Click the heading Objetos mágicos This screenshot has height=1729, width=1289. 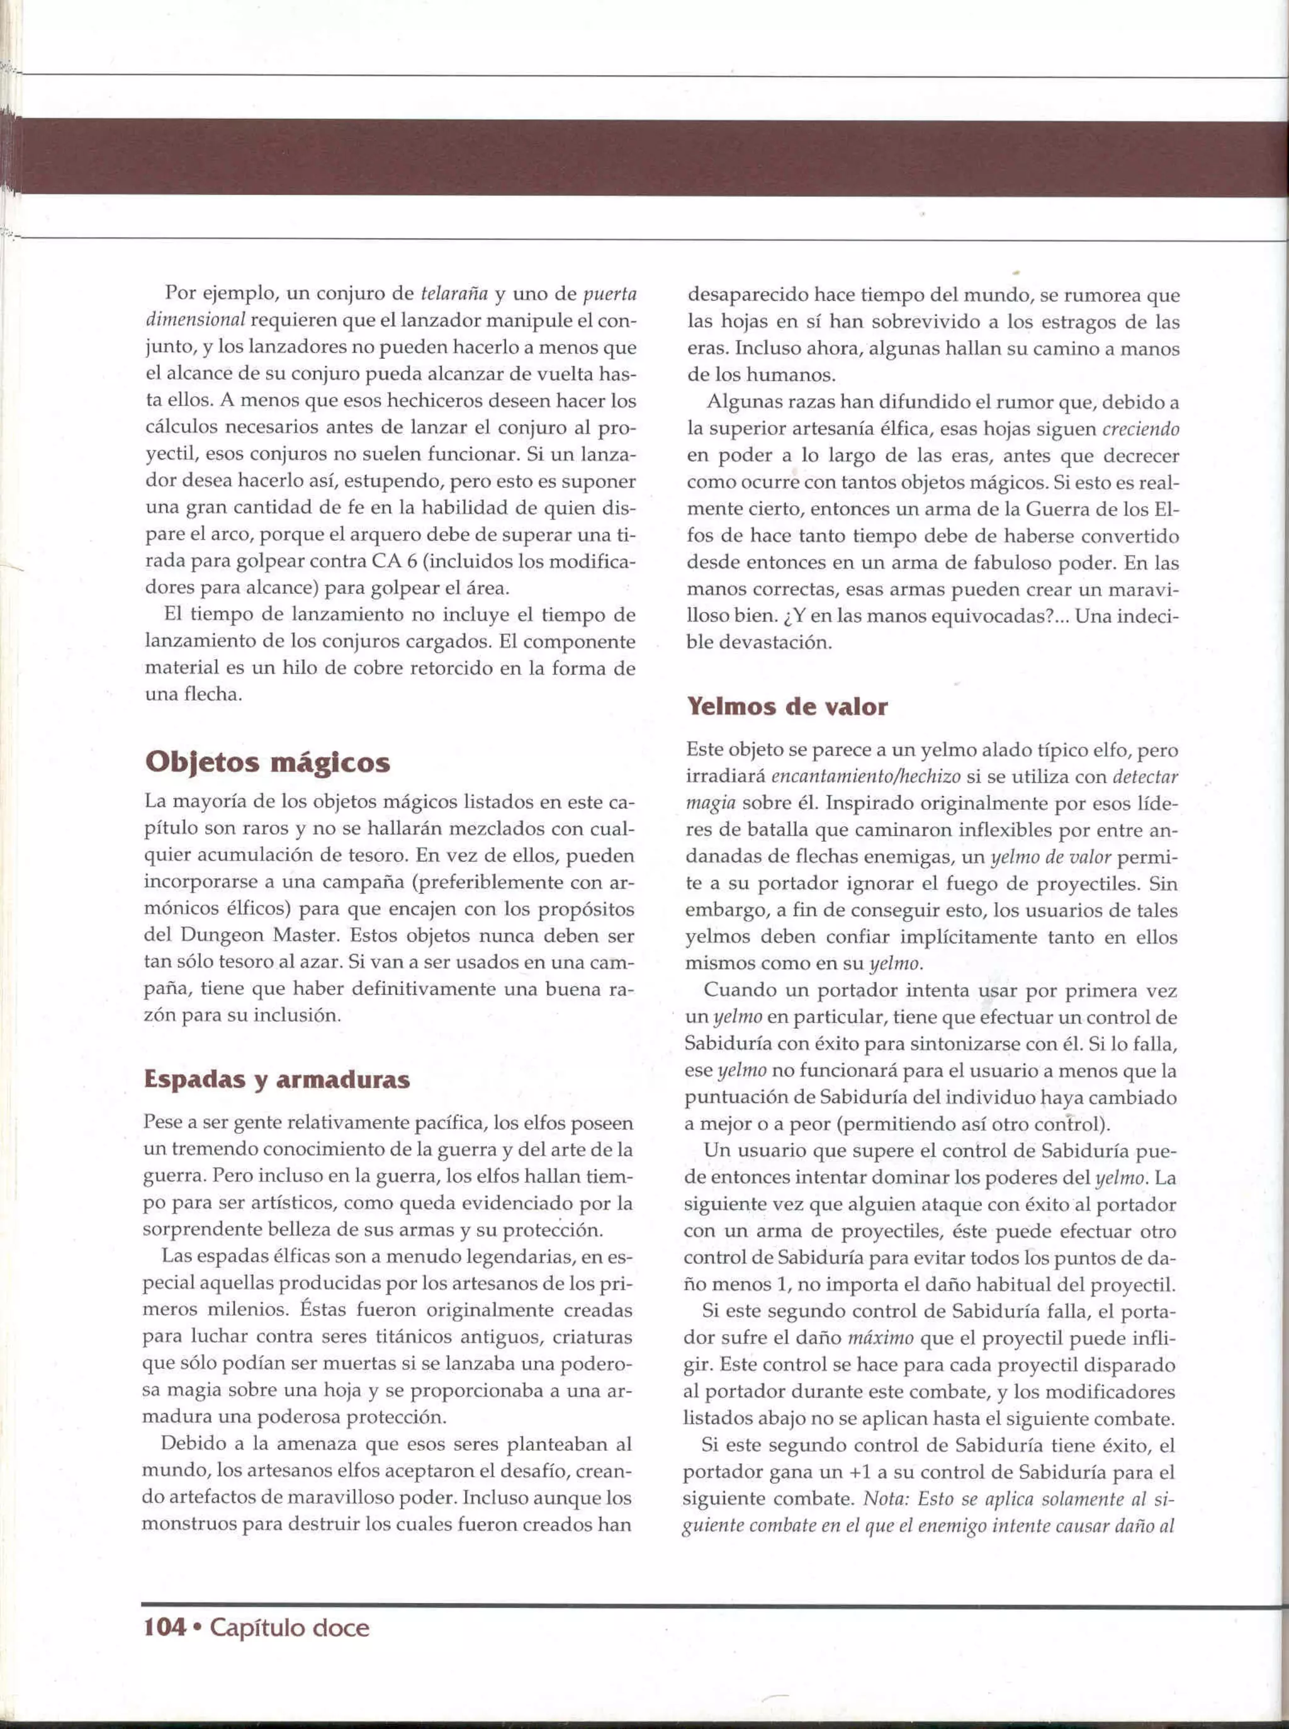click(267, 762)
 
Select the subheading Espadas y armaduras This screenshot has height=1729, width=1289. click(277, 1080)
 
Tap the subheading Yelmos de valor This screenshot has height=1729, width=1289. click(787, 706)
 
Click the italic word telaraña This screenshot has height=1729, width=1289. click(454, 294)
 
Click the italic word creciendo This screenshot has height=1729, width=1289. click(1140, 429)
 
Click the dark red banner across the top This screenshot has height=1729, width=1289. click(644, 156)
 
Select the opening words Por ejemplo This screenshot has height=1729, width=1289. click(222, 294)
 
